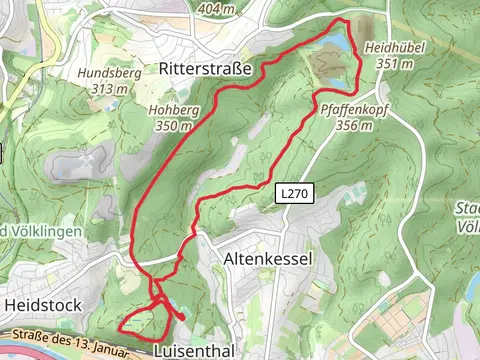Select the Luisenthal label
pyautogui.click(x=195, y=351)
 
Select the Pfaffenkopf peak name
pyautogui.click(x=347, y=111)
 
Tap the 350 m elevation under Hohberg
pyautogui.click(x=172, y=126)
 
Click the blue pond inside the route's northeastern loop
pyautogui.click(x=336, y=44)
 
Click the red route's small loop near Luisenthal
pyautogui.click(x=141, y=321)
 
